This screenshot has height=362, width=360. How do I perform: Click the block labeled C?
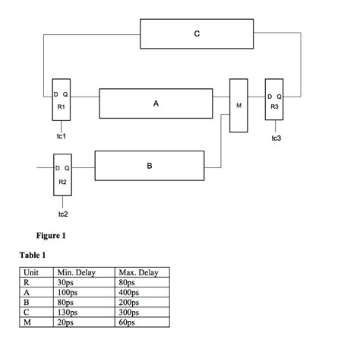coord(197,35)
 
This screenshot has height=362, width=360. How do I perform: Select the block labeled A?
coord(156,103)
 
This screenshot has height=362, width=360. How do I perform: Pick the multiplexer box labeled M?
coord(239,105)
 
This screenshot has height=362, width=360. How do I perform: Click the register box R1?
coord(60,103)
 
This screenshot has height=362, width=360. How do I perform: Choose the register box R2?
coord(62,174)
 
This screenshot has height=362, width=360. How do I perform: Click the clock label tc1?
coord(61,136)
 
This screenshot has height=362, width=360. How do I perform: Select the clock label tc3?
coord(276,138)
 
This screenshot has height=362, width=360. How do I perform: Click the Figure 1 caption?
coord(52,235)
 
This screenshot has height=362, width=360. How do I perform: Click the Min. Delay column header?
coord(75,272)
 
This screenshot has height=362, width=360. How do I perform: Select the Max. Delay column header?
coord(138,272)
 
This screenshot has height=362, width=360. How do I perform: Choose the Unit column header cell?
coord(32,272)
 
